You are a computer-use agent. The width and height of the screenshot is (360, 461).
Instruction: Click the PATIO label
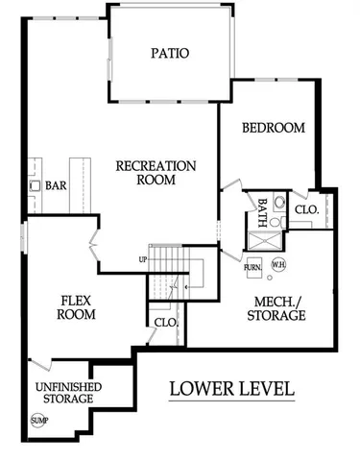click(x=169, y=54)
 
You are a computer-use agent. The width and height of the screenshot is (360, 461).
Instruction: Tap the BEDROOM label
click(x=274, y=128)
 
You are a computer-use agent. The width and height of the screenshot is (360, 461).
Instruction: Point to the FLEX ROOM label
click(x=76, y=306)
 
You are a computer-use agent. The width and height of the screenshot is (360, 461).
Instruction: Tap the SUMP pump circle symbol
click(x=38, y=421)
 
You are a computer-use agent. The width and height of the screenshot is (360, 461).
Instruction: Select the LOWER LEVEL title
click(x=231, y=389)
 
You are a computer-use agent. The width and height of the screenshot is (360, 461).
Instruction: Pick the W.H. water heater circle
click(x=279, y=264)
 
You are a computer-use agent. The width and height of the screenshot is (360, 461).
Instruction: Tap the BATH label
click(x=262, y=209)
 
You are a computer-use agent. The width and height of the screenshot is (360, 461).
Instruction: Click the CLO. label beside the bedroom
click(x=306, y=209)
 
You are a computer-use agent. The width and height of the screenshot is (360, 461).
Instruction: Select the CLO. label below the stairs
click(x=165, y=323)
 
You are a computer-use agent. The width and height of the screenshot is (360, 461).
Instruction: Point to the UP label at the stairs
click(x=143, y=260)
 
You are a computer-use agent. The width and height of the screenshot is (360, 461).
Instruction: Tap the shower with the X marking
click(x=277, y=220)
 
